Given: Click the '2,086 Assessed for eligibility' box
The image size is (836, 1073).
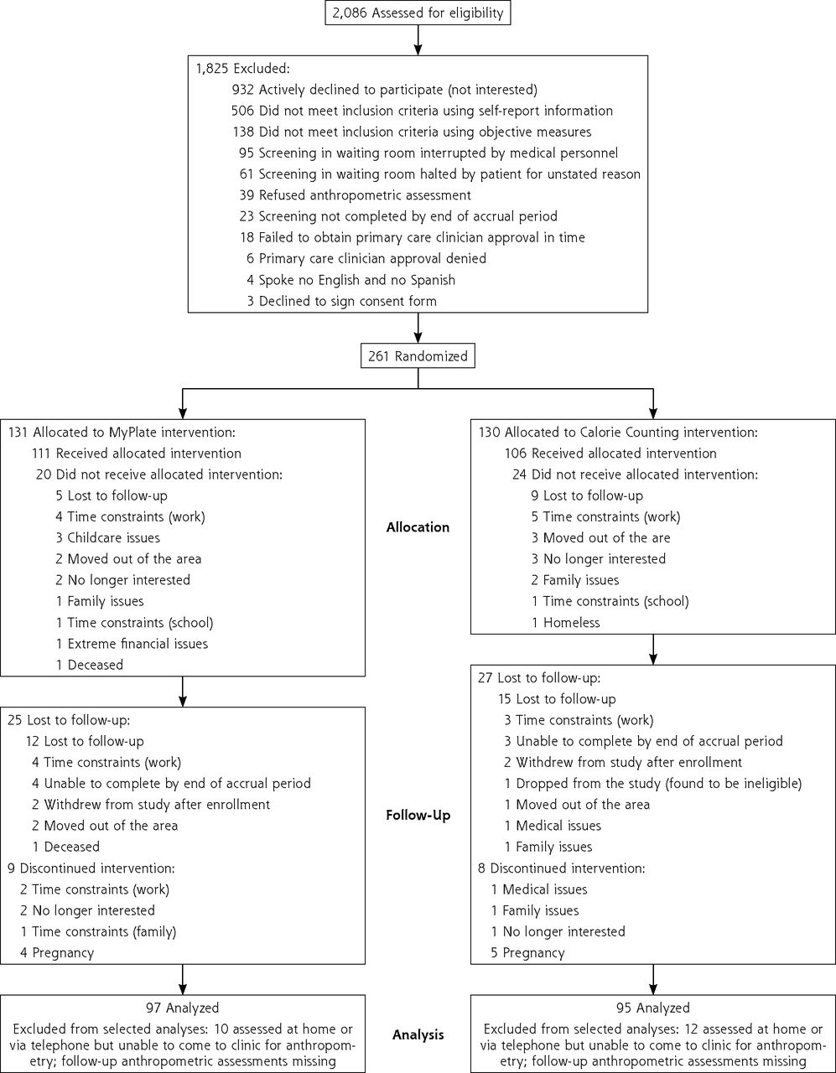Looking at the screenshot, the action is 418,13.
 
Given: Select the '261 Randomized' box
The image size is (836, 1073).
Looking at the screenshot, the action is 418,356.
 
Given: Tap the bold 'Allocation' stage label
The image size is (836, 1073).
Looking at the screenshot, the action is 418,527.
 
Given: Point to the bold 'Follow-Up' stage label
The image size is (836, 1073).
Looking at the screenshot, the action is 418,816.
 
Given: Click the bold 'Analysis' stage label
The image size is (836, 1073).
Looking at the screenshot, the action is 418,1034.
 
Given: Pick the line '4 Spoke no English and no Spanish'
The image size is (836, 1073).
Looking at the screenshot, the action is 351,280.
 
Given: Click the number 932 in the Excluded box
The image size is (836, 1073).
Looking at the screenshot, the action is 242,90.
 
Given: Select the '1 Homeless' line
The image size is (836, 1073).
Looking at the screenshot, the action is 566,623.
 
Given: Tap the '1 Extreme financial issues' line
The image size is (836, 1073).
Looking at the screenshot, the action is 132,644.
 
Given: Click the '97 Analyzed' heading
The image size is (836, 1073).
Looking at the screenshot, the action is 182,1008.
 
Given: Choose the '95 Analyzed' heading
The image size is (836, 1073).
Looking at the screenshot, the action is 653,1008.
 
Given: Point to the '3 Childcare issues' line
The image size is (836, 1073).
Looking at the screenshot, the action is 107,537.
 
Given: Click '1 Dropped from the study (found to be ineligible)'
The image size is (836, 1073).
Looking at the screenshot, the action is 653,784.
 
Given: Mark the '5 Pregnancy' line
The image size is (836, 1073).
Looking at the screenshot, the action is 527,953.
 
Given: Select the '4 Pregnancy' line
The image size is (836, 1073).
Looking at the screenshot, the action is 57,953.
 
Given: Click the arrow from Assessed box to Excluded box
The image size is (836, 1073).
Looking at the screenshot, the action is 418,40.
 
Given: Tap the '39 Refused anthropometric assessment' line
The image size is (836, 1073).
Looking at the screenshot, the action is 355,195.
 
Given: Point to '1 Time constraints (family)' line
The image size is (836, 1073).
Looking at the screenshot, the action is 98,932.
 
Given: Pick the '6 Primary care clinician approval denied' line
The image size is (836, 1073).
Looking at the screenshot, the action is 366,259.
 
